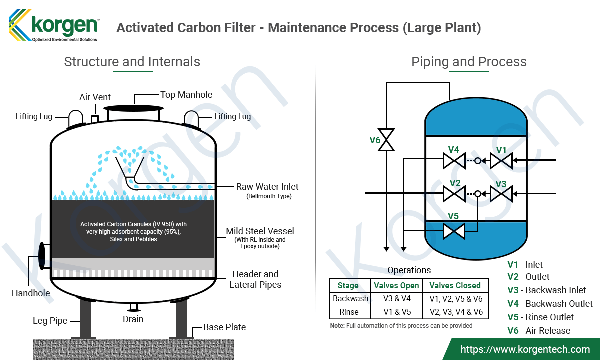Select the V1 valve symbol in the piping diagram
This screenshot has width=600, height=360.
click(501, 161)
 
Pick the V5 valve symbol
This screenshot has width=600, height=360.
click(454, 231)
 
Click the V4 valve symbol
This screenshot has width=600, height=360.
click(454, 161)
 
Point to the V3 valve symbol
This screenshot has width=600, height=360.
click(501, 193)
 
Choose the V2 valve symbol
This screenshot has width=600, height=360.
click(454, 193)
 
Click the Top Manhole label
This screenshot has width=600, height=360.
click(186, 95)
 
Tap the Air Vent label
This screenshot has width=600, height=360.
click(95, 97)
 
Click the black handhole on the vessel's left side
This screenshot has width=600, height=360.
click(42, 255)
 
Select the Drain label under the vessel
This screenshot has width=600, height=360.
click(133, 319)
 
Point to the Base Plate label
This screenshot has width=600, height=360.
click(224, 327)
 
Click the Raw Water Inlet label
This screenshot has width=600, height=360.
click(267, 187)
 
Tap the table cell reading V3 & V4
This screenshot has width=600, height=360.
click(396, 299)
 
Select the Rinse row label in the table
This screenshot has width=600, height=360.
click(349, 312)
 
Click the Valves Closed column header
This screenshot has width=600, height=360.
click(455, 286)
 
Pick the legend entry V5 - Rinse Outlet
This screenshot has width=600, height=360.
click(540, 317)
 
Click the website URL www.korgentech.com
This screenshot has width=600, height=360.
click(525, 349)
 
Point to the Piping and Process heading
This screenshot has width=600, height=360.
click(469, 62)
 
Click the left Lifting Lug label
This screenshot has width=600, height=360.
click(34, 117)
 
